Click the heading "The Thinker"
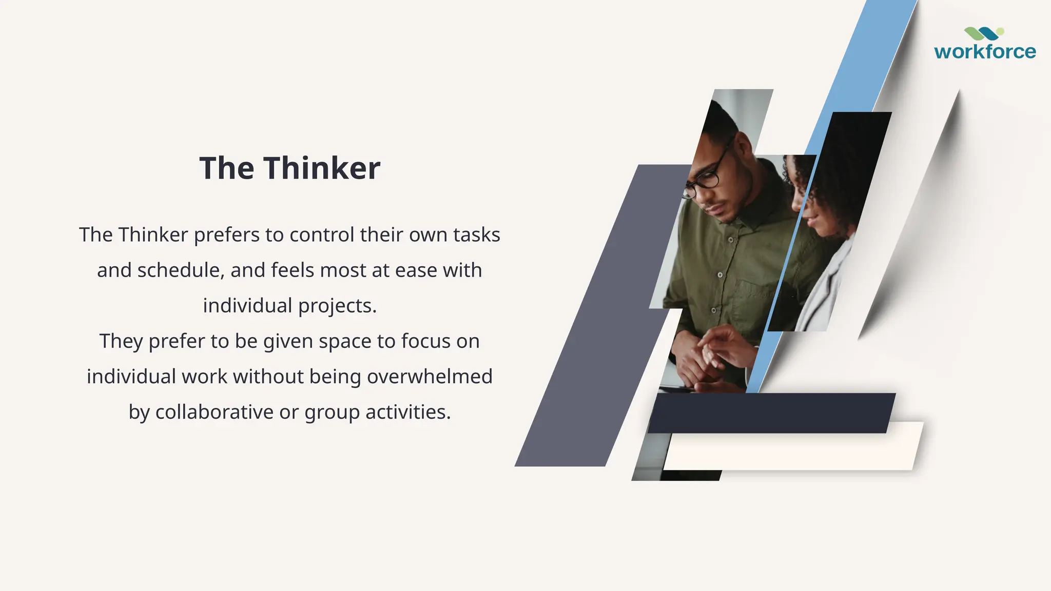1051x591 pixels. [289, 168]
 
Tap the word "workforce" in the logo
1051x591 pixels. [985, 52]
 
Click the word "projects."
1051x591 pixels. [337, 306]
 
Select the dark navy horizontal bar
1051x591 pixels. [770, 413]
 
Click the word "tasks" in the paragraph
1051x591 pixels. [476, 235]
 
